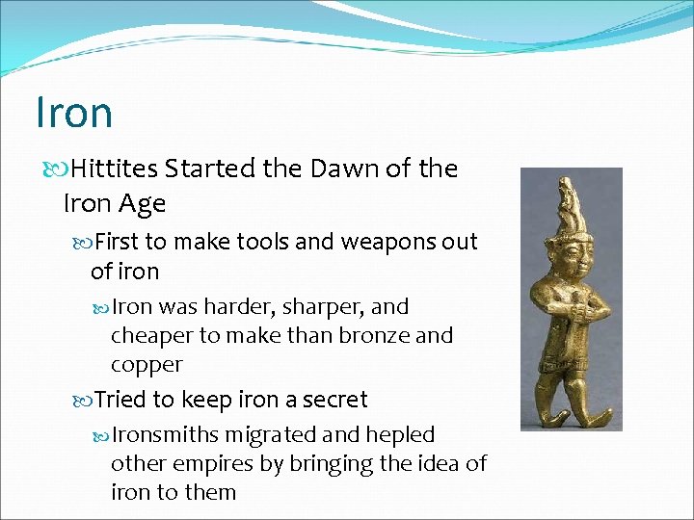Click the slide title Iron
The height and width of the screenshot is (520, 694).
(74, 112)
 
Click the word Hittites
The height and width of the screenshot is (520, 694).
(114, 169)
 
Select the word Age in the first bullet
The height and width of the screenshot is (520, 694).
(142, 203)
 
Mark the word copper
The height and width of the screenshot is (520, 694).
(147, 364)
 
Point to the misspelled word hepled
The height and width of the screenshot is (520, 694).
(401, 434)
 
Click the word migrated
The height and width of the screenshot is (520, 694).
(280, 434)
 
